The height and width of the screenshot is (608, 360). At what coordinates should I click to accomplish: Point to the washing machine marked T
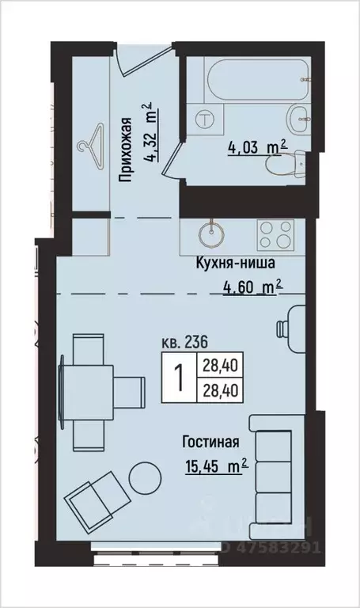pyautogui.click(x=206, y=120)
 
